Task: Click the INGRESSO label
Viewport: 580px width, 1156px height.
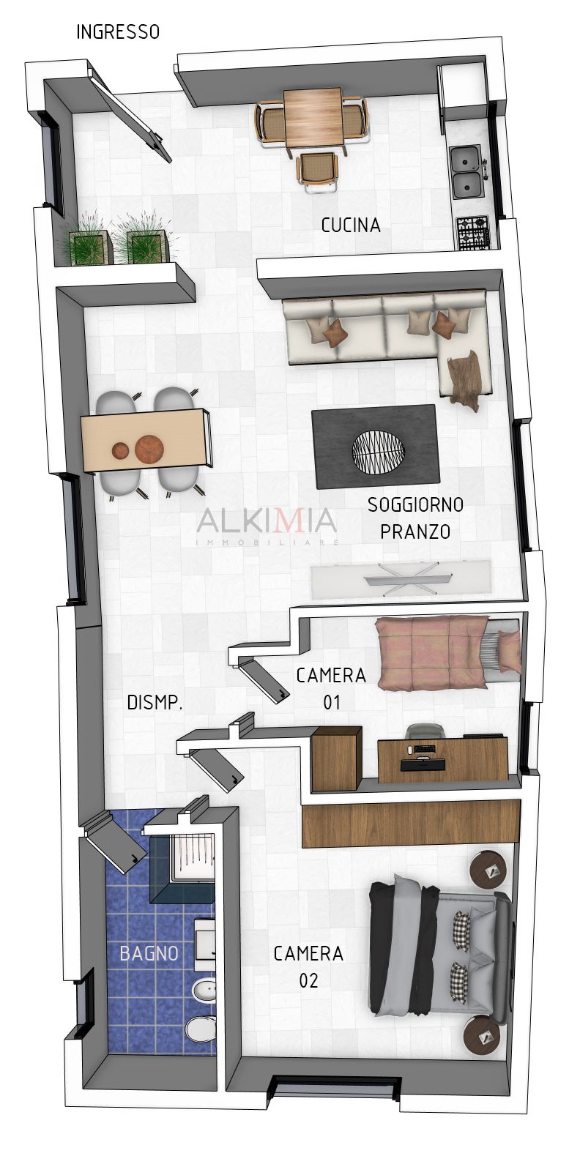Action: pos(118,32)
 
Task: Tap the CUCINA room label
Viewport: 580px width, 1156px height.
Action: pos(350,225)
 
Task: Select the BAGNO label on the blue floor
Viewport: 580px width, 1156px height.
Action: pos(149,953)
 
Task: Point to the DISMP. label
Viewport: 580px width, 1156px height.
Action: pos(155,702)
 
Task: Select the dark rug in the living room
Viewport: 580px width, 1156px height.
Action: pos(375,447)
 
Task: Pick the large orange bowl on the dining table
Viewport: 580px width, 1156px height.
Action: pos(149,449)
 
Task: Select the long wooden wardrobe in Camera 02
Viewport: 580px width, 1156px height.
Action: pos(410,823)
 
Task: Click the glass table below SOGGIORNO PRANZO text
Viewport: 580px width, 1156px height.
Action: pos(401,580)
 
